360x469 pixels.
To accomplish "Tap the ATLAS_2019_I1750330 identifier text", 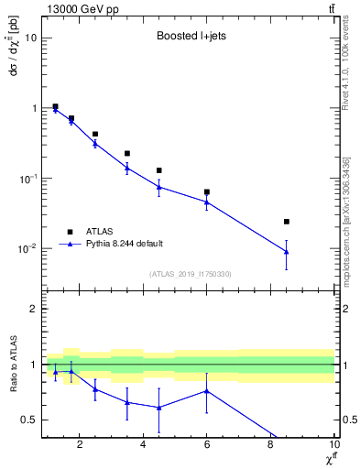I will (x=191, y=274).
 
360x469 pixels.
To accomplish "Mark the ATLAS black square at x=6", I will (x=207, y=192).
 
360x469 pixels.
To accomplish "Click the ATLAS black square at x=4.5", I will (x=159, y=170).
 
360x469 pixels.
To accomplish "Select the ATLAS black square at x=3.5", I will (x=127, y=153).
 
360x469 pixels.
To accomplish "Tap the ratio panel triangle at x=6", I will (x=207, y=391).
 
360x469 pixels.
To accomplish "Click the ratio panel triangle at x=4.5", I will (x=159, y=408).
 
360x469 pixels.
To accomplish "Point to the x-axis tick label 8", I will (x=270, y=446).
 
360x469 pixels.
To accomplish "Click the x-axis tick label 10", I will (x=333, y=446).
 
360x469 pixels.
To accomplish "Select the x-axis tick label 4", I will (x=143, y=446).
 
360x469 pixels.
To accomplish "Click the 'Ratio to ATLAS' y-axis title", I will (x=12, y=365).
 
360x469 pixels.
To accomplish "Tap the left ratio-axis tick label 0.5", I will (x=28, y=420).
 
